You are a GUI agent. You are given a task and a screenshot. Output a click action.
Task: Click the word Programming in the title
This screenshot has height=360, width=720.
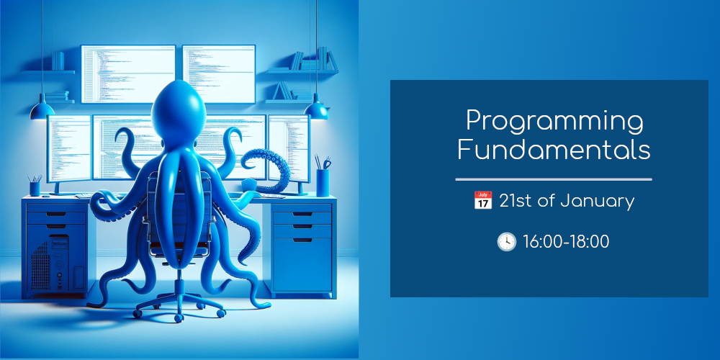[x=554, y=122]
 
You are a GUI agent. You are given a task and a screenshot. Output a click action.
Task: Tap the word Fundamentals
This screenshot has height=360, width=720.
[x=554, y=150]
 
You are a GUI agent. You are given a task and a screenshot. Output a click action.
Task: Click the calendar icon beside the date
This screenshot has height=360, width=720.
[x=482, y=201]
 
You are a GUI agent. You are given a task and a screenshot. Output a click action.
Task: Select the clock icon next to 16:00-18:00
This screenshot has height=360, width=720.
[x=506, y=241]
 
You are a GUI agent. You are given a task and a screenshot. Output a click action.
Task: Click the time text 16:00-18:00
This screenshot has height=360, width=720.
[x=566, y=242]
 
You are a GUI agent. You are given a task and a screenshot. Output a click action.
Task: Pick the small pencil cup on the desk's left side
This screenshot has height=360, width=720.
[x=35, y=186]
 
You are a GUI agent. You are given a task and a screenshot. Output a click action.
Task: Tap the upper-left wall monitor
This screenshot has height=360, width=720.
[x=128, y=74]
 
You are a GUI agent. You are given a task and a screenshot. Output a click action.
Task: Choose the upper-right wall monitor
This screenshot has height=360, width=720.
[x=219, y=74]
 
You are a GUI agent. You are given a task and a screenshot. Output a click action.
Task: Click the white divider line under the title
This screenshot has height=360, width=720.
[x=554, y=179]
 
